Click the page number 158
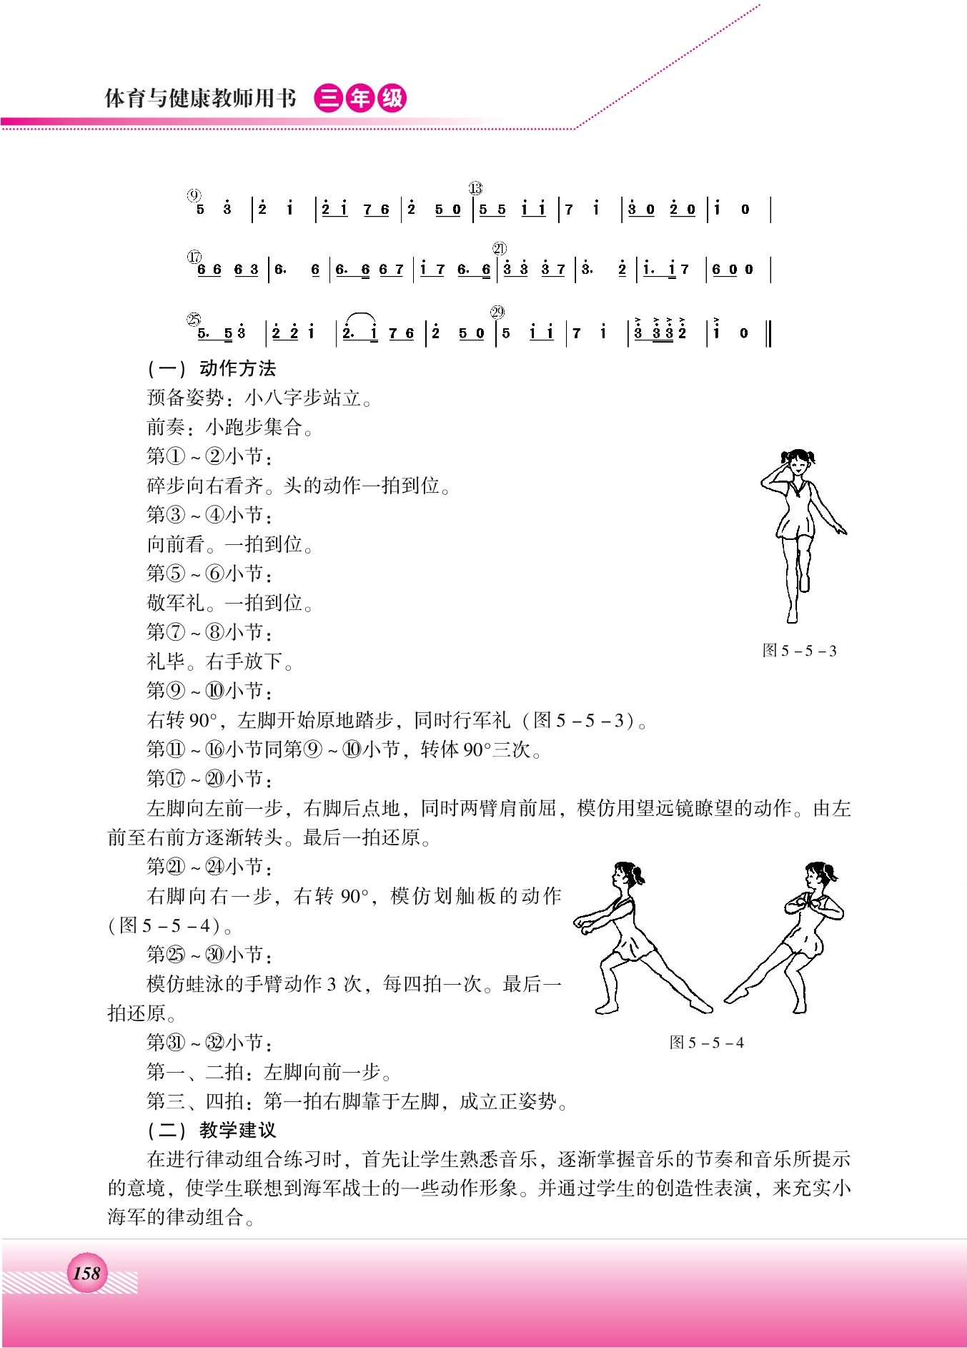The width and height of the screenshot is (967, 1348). (86, 1273)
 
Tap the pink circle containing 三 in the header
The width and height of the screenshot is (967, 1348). (329, 98)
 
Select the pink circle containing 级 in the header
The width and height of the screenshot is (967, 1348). (392, 98)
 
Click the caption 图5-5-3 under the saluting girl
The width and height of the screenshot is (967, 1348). (799, 651)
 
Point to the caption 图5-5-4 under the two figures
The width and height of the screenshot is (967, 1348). (706, 1043)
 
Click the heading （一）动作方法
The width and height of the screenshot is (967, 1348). (212, 368)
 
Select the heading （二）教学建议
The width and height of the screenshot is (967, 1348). (212, 1130)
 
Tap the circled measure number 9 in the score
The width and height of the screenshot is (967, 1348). (194, 196)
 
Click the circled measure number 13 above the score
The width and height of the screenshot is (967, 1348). (475, 189)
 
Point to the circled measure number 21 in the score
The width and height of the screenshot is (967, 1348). (499, 248)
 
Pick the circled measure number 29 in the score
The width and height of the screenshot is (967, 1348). (497, 312)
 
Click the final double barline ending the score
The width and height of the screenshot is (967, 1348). (768, 333)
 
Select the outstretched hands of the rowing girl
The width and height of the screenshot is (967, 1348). (582, 926)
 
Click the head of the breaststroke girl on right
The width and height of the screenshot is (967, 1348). (818, 875)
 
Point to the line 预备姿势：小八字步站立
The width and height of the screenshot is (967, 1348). (259, 398)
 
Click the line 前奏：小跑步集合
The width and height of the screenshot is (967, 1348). (229, 427)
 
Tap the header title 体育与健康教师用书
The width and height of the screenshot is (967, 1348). (200, 98)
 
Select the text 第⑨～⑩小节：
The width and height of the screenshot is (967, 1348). (209, 691)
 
